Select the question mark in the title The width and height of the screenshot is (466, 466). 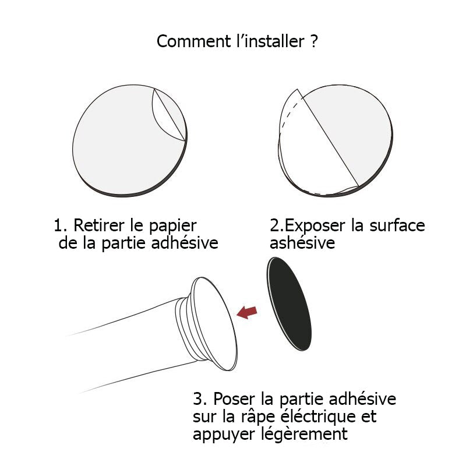pyautogui.click(x=313, y=42)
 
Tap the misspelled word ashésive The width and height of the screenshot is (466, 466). pyautogui.click(x=302, y=243)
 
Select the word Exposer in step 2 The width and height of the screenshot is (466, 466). pyautogui.click(x=316, y=226)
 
